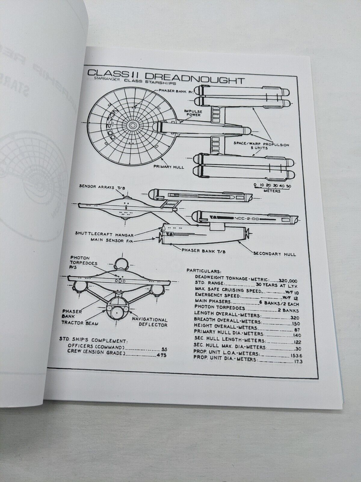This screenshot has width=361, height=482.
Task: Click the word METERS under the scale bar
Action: coord(271,191)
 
